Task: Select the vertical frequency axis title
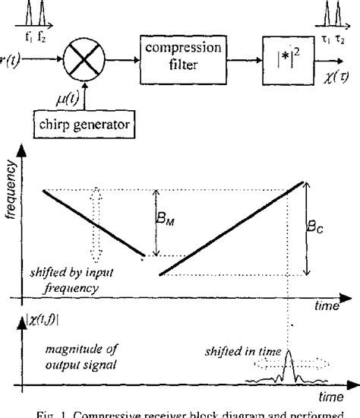tap(10, 198)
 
